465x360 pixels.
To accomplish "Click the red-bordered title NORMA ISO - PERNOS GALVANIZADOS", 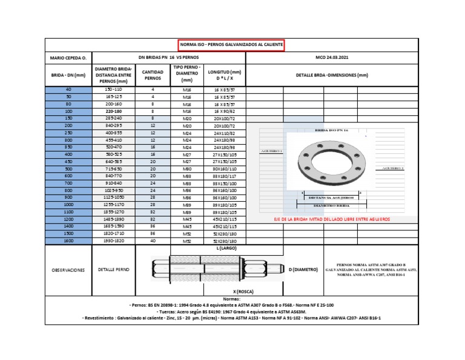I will (x=230, y=45).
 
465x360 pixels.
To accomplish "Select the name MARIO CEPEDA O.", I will (x=67, y=59).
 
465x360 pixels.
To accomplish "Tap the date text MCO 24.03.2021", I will (x=332, y=59).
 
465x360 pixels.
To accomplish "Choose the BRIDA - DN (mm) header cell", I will (x=67, y=75).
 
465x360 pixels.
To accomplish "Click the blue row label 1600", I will (x=68, y=241).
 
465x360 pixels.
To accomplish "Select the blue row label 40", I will (x=68, y=89).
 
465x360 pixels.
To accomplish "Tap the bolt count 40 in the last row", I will (x=153, y=241).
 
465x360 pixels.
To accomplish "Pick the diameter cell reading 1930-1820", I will (x=113, y=241).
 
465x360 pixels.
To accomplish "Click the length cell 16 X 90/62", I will (x=224, y=112).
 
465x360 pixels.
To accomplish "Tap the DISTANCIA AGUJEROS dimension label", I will (x=330, y=198).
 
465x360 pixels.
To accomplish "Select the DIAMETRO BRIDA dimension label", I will (x=330, y=207).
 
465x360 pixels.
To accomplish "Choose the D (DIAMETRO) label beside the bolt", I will (x=303, y=269).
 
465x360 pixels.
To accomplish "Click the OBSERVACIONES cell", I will (x=67, y=270).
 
